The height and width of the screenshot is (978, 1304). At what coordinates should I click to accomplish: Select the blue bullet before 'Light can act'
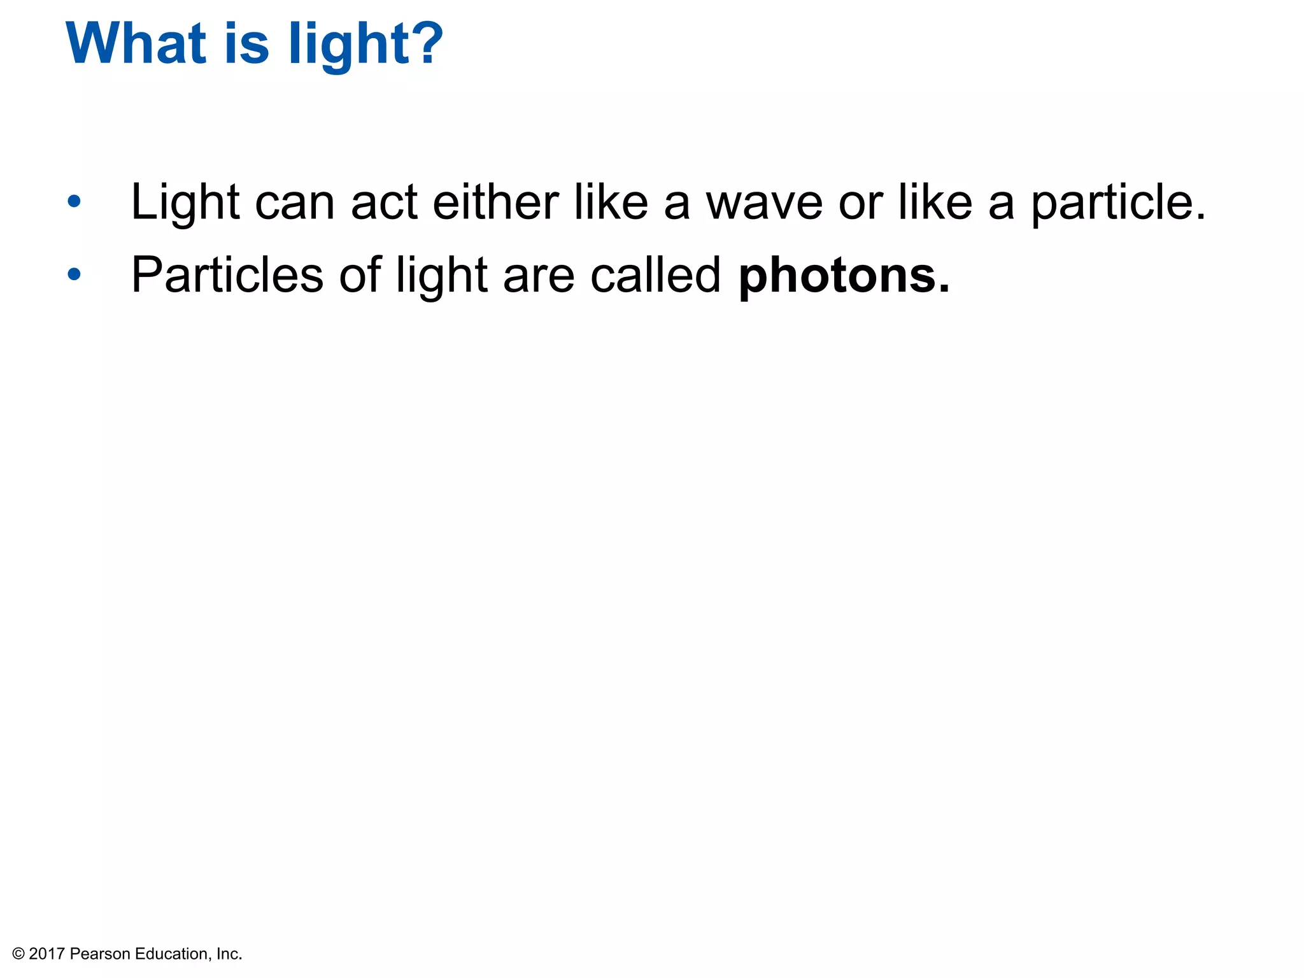point(74,202)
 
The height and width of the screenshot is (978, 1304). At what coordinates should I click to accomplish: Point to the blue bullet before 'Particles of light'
point(74,274)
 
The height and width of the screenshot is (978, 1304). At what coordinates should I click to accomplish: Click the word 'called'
point(655,275)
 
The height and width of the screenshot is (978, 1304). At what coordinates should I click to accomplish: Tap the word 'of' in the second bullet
point(360,275)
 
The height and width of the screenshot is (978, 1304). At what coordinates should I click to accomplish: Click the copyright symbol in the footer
point(18,954)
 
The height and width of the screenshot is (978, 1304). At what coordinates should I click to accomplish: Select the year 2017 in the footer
point(46,954)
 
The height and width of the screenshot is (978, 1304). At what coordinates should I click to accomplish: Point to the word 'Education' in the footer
point(171,954)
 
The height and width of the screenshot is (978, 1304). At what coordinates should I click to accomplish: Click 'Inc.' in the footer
point(229,954)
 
